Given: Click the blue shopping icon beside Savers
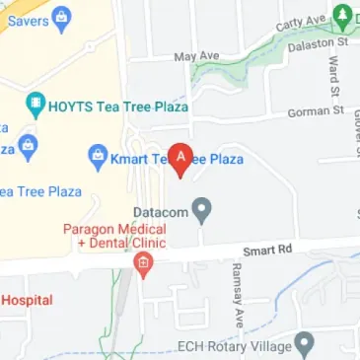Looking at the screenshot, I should (x=60, y=16).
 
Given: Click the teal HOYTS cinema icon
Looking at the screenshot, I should (x=36, y=103).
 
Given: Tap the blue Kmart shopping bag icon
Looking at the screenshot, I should (x=98, y=156).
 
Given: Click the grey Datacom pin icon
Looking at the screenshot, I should (x=202, y=210).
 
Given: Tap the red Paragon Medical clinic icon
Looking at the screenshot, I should (x=144, y=264).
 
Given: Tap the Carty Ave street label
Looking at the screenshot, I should (x=302, y=22).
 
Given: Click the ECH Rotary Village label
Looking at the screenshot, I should (x=233, y=346).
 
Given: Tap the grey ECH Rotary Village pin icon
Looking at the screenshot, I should (x=304, y=344).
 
